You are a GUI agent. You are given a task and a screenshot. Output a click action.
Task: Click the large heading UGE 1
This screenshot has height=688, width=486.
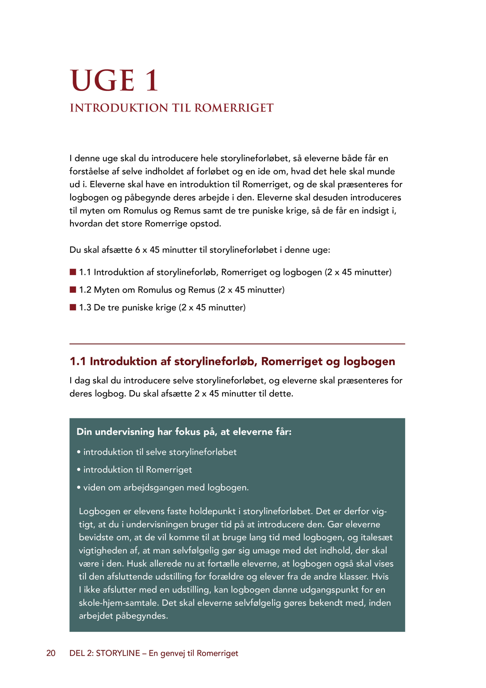coord(114,80)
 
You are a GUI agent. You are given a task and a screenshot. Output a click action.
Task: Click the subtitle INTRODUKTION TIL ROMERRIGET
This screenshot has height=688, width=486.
coord(172,108)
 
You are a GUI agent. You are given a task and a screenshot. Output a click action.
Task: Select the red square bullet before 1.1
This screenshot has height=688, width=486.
coord(73,272)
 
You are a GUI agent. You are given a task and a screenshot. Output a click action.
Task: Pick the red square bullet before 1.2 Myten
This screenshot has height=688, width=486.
coord(73,289)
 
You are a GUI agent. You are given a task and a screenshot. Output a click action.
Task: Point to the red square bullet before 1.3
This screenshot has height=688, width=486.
coord(73,307)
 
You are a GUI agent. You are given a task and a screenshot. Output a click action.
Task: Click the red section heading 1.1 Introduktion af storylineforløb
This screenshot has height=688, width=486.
coord(232,361)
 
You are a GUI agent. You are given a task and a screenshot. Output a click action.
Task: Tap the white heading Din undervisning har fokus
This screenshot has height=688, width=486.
coord(184,432)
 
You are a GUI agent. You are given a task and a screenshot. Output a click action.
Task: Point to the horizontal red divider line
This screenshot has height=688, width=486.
coord(237,344)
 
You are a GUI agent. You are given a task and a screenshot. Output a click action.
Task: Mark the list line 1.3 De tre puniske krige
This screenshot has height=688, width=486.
coord(162,307)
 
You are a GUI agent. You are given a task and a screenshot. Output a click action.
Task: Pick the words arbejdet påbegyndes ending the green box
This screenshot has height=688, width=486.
coord(123,616)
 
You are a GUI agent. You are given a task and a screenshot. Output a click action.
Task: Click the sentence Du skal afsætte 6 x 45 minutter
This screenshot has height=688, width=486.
coord(200,250)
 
